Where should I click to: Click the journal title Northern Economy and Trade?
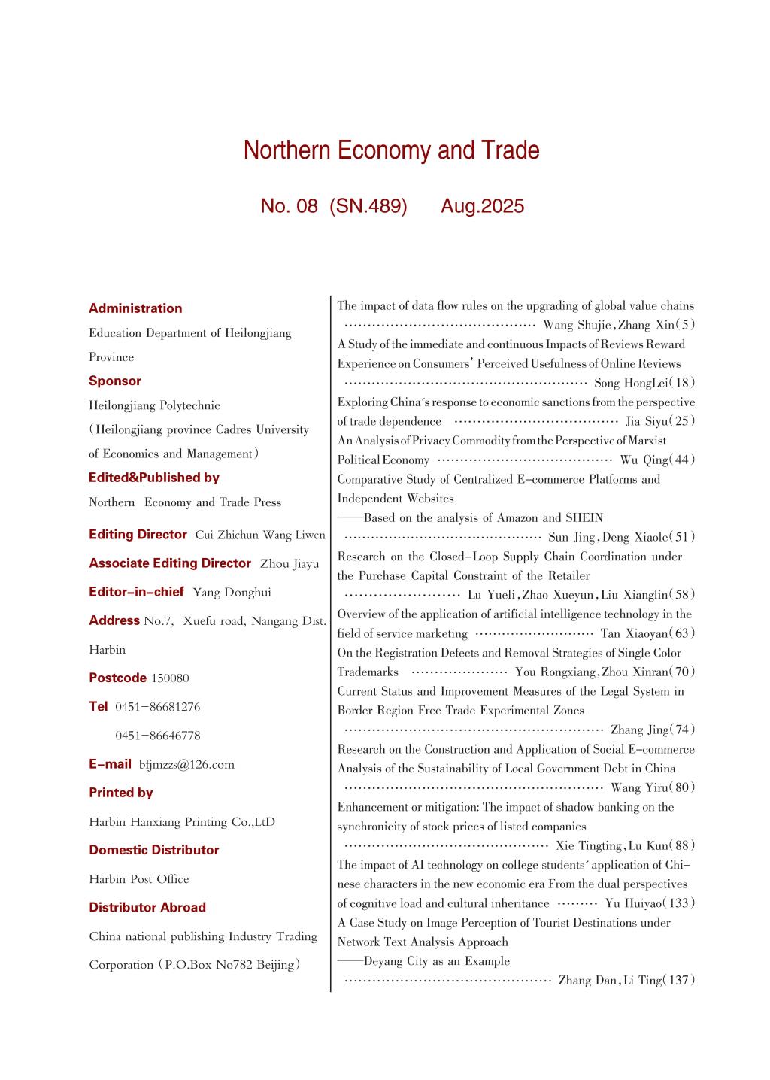(391, 150)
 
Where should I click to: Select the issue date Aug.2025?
(482, 206)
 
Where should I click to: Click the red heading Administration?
(135, 308)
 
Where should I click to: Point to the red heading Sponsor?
(115, 381)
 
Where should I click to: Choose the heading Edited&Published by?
(154, 478)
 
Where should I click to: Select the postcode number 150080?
(170, 678)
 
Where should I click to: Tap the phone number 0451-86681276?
(157, 707)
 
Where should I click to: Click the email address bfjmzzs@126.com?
(186, 765)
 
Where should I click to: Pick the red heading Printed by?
(120, 793)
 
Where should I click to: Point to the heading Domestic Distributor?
(154, 850)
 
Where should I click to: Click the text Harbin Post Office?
(139, 879)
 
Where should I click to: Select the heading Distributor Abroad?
(147, 907)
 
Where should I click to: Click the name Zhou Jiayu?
(290, 564)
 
